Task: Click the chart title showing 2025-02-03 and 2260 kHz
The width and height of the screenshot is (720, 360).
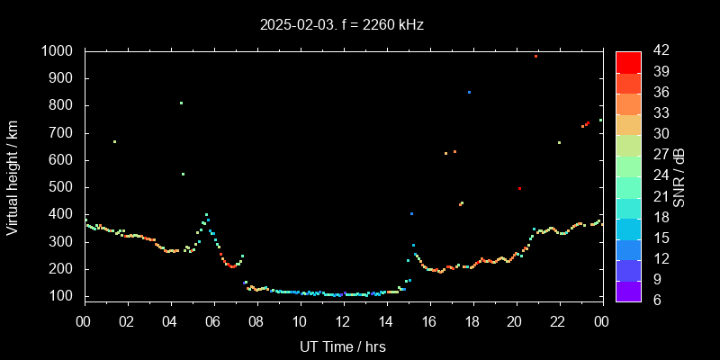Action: click(341, 25)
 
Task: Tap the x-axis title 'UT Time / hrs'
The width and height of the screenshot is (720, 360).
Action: click(343, 346)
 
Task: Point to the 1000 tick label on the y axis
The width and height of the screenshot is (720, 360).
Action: click(58, 51)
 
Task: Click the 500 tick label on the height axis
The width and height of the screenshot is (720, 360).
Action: click(62, 187)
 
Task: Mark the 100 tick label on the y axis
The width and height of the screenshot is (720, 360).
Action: click(62, 296)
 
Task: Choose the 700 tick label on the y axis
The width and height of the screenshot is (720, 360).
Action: click(62, 133)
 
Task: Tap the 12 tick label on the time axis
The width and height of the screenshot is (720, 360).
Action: click(343, 321)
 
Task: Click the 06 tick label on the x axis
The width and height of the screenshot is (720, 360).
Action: click(214, 321)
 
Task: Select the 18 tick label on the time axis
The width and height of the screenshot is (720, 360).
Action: click(472, 321)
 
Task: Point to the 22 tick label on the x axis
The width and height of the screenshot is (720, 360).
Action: click(558, 321)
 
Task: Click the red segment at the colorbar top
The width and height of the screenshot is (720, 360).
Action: click(628, 61)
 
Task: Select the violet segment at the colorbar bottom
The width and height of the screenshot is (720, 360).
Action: click(628, 291)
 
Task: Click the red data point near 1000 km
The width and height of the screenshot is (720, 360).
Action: click(535, 56)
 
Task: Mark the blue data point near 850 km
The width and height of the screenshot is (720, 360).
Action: click(469, 92)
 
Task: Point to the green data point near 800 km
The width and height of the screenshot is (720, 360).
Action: click(181, 103)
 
